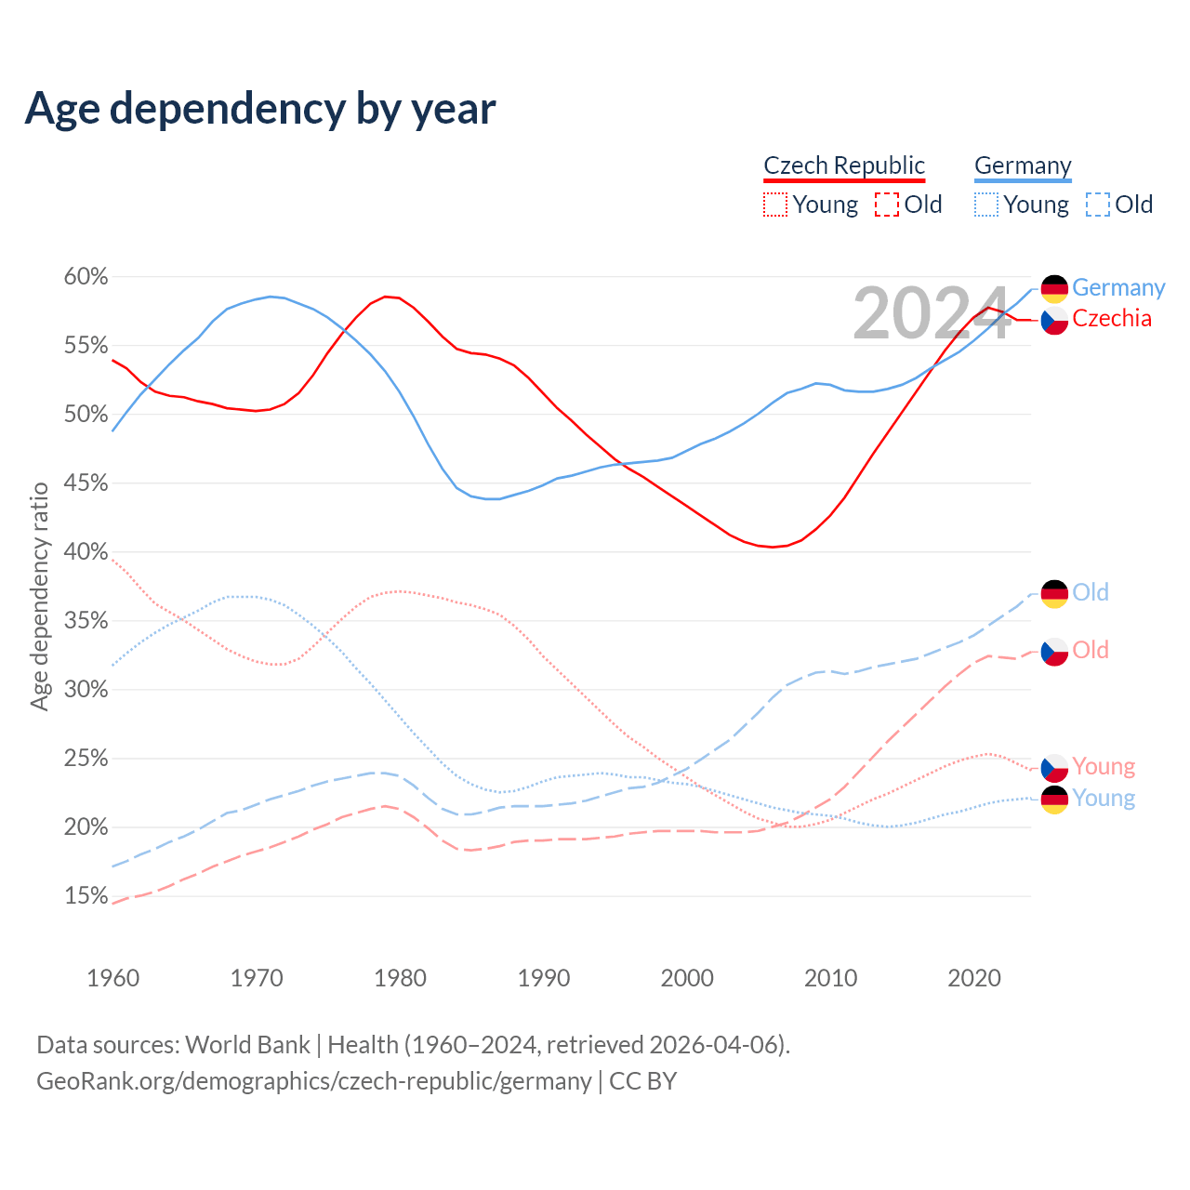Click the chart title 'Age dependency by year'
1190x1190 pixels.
point(260,108)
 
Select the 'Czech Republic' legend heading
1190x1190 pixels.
point(844,165)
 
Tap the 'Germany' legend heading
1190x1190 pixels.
point(1023,165)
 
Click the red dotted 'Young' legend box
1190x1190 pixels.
point(775,205)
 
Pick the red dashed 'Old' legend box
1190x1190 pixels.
point(887,205)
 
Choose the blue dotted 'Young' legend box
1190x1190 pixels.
point(986,205)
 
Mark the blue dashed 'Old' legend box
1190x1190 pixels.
point(1098,205)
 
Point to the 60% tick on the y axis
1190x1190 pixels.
point(86,277)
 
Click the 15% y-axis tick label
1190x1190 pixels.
point(86,896)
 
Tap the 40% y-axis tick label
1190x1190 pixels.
point(86,552)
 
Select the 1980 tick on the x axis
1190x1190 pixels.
point(400,978)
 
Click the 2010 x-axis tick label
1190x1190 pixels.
point(830,978)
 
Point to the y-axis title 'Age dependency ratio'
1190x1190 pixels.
point(39,596)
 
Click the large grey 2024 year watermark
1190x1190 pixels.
point(931,314)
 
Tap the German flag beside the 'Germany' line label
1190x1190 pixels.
point(1054,289)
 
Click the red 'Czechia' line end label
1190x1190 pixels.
point(1112,318)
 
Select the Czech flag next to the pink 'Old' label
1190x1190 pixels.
point(1054,652)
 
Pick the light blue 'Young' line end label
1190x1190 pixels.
point(1104,798)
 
